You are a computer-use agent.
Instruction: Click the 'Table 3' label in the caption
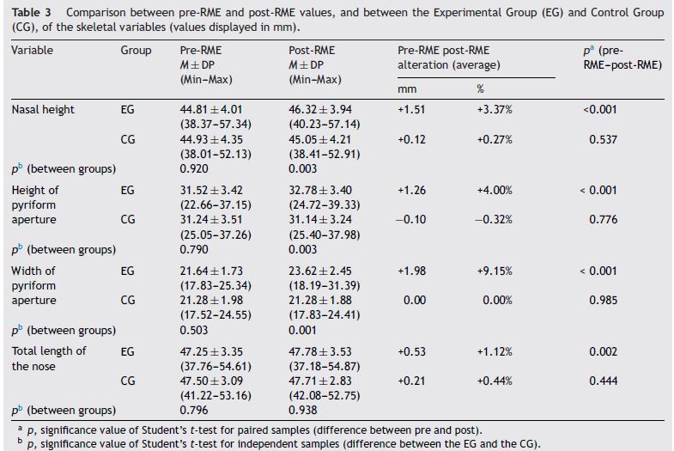tap(30, 14)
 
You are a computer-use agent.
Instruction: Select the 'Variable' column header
tap(32, 51)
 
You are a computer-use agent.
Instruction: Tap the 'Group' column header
tap(135, 51)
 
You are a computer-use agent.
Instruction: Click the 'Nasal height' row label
tap(43, 110)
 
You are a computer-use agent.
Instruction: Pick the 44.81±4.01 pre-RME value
tap(204, 110)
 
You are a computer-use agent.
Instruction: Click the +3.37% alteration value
tap(496, 110)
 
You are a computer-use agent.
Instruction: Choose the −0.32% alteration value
tap(496, 219)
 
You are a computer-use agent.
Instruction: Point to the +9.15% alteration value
tap(496, 271)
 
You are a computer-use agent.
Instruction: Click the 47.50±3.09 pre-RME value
tap(204, 381)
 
